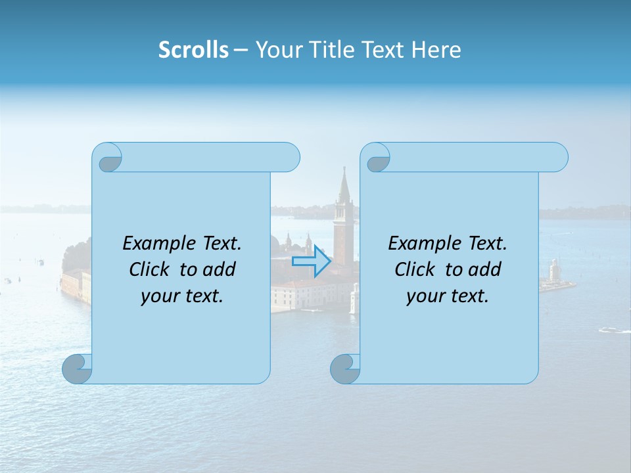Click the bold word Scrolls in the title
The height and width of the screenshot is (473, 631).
(x=193, y=50)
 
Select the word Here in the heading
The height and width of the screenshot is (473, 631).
(x=436, y=50)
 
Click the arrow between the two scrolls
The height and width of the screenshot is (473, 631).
(x=312, y=262)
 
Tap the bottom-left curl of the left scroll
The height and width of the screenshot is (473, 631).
(x=78, y=368)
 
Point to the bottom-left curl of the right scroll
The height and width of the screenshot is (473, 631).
(x=346, y=368)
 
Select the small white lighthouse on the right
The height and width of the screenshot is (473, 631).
(x=553, y=269)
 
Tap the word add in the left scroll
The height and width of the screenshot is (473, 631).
(x=220, y=269)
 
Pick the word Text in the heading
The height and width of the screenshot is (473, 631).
(x=382, y=50)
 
